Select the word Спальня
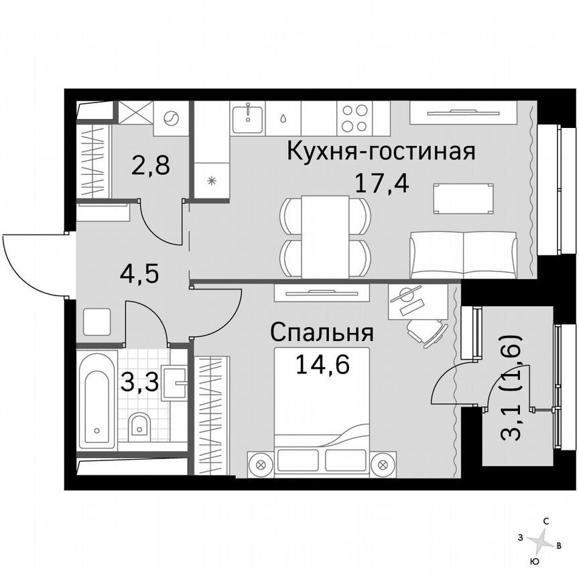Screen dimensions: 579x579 click(322, 332)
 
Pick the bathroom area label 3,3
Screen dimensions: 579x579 click(139, 384)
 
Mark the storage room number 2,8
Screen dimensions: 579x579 click(149, 164)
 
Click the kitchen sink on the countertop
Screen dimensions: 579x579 click(249, 118)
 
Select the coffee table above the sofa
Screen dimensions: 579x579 click(465, 198)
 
